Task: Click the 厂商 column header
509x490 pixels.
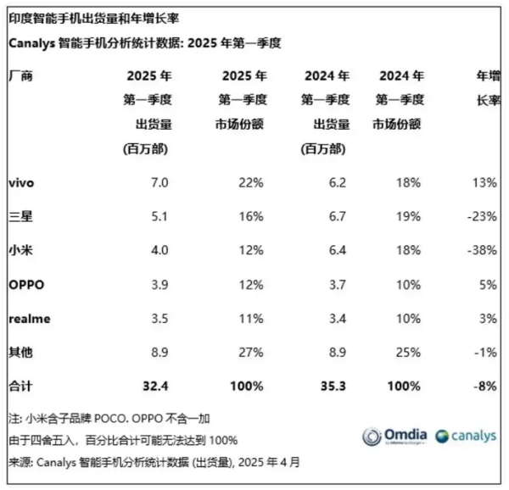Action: (x=20, y=75)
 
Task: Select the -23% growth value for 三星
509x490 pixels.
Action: (x=480, y=215)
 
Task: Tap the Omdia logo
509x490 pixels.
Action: (x=395, y=436)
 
